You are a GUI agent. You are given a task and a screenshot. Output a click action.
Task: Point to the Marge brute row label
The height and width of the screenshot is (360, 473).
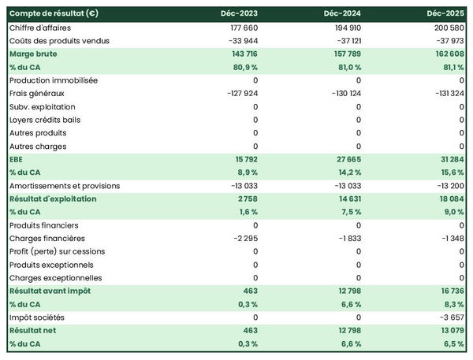[x=33, y=54]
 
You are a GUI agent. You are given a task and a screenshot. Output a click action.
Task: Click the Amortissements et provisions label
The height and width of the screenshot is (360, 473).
[x=65, y=186]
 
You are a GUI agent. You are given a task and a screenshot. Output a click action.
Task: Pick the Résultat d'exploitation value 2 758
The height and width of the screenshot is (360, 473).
[x=246, y=199]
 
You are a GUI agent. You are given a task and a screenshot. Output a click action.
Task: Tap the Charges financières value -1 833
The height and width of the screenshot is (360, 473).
[x=348, y=238]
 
